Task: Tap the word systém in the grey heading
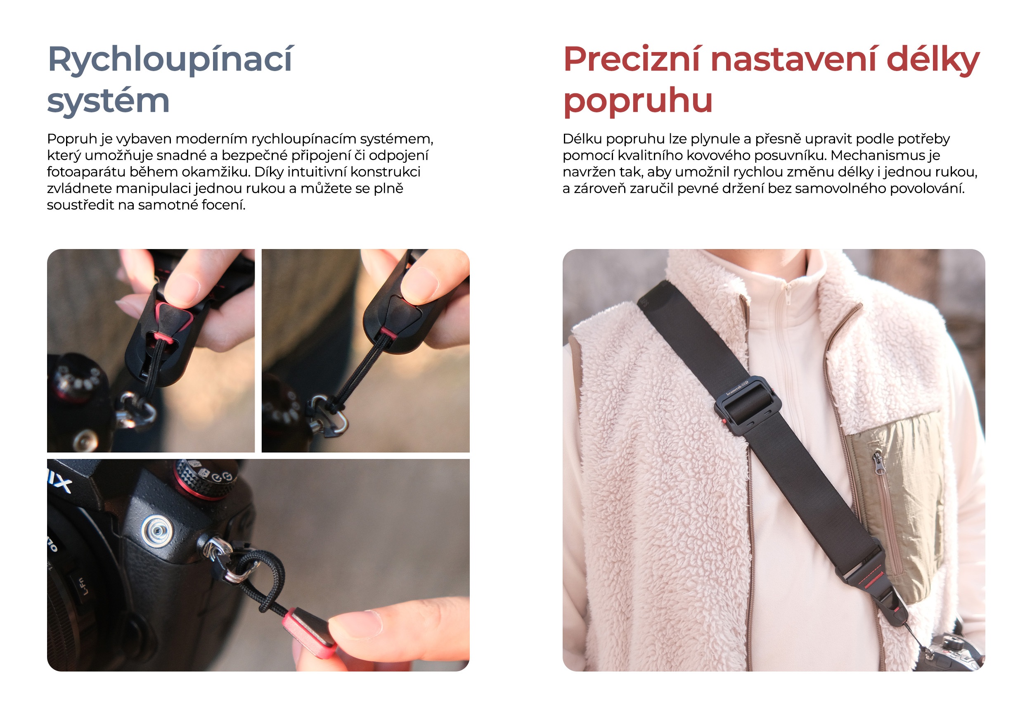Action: pyautogui.click(x=108, y=101)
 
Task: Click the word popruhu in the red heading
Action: pyautogui.click(x=637, y=101)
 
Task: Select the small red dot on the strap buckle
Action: pyautogui.click(x=724, y=421)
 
